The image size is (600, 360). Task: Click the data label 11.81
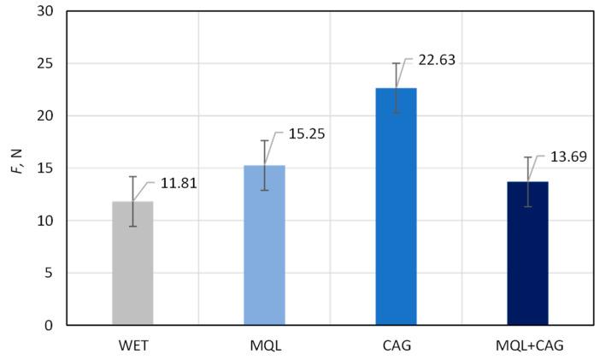(179, 183)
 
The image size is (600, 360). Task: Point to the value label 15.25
(309, 134)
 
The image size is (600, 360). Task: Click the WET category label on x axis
(132, 345)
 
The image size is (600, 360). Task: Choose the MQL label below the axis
(264, 345)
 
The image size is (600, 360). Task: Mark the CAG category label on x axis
(396, 345)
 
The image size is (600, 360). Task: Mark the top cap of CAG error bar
(396, 63)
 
